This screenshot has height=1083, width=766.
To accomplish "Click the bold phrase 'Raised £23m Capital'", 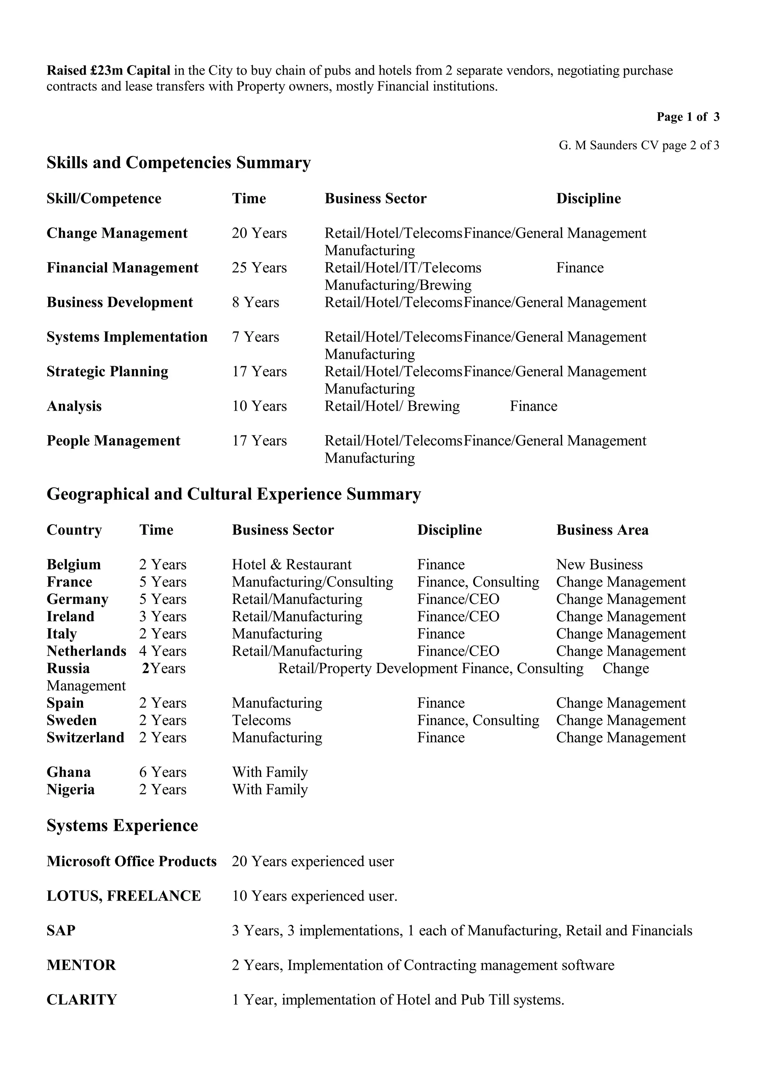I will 108,71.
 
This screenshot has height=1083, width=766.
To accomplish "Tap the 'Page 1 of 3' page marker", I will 688,117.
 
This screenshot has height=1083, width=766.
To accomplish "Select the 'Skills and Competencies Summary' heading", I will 178,163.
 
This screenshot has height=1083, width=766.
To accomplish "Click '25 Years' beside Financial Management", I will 259,268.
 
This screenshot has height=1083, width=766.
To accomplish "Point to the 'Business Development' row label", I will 119,302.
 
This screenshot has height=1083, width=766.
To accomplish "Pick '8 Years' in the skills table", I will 255,302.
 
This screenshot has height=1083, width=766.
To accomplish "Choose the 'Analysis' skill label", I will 74,406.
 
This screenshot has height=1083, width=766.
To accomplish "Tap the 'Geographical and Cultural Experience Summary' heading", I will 234,494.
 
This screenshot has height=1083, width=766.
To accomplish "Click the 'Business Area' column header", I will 602,530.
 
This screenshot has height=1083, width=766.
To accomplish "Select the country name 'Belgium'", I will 74,565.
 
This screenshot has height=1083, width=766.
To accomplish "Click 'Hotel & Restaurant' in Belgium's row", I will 291,565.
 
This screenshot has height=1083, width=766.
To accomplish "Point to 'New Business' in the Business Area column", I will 599,565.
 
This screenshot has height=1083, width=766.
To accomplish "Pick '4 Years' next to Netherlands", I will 162,651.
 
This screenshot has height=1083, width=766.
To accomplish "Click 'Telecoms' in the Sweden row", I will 261,720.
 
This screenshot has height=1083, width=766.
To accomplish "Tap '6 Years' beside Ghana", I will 162,772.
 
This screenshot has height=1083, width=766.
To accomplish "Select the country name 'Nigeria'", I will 70,790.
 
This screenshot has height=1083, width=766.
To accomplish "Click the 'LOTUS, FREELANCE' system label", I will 124,896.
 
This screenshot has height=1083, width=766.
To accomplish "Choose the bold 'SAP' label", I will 61,931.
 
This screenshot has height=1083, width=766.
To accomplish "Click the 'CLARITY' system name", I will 81,1000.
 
